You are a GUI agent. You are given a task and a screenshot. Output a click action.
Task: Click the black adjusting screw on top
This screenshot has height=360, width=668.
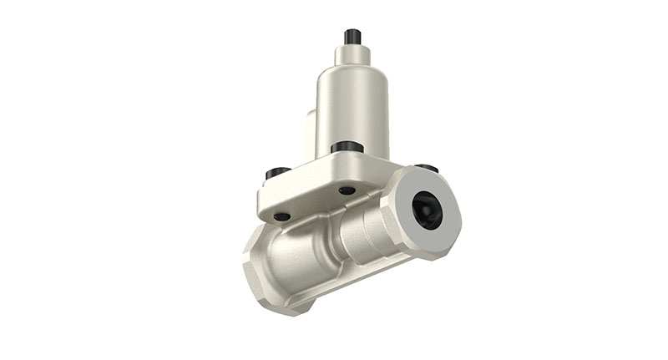coord(352,37)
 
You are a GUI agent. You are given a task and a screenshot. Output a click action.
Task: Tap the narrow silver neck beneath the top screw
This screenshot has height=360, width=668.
coord(352,55)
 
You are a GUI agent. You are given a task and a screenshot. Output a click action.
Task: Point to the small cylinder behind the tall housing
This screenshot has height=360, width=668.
coord(308,134)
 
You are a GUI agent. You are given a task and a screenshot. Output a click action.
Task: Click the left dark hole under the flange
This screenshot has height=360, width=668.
coord(282,216)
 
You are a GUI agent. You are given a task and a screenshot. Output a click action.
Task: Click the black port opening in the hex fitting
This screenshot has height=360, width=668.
coord(428,210)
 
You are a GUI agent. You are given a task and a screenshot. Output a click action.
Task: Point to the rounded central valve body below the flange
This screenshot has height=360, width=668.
coord(309,251)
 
